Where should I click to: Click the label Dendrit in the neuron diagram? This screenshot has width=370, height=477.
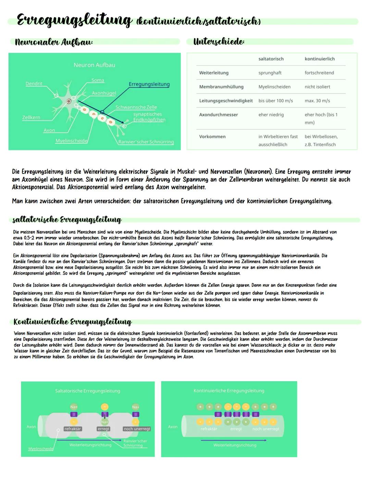34,83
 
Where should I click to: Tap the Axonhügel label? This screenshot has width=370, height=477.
104,93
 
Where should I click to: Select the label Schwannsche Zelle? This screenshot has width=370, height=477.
136,107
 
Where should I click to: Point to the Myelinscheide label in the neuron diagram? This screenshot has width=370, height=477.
71,141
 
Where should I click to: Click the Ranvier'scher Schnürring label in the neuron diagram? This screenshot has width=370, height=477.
146,142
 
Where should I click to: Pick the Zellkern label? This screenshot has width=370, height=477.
31,117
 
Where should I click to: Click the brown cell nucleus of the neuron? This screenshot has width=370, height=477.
69,101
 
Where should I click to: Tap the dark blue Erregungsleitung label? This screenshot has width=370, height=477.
149,84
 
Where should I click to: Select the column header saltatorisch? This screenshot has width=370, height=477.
271,59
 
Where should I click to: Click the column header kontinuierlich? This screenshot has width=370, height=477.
319,59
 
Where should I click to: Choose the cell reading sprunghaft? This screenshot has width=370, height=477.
270,73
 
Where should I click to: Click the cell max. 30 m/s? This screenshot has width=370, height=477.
317,101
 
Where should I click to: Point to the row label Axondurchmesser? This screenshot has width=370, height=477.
218,115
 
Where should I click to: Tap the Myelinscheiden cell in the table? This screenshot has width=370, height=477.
274,87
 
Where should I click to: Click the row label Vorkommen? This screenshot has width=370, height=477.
212,137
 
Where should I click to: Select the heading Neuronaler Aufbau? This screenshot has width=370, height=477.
54,42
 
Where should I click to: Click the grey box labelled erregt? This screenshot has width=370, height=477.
103,429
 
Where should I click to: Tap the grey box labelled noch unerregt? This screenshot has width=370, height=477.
137,429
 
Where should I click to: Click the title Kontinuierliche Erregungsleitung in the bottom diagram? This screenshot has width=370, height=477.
229,390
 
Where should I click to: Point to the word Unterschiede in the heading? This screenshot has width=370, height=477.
219,41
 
